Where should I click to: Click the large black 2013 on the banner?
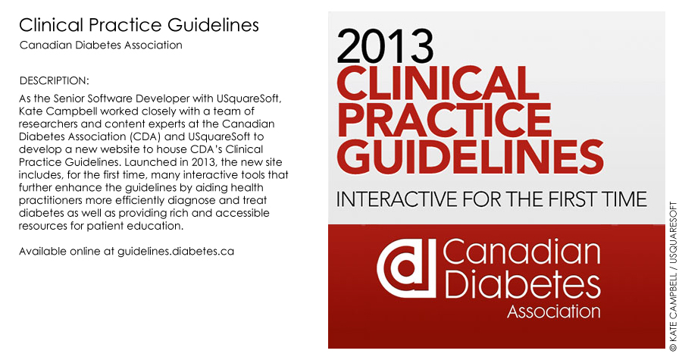[385, 46]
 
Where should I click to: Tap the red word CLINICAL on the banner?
[438, 84]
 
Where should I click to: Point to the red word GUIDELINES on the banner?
[470, 155]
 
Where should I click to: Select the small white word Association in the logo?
[554, 311]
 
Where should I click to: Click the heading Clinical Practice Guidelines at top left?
[139, 25]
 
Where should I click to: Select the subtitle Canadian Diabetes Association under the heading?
[101, 45]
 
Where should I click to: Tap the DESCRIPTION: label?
[55, 81]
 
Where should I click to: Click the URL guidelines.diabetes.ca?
[176, 252]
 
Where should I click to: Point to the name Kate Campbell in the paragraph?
[58, 111]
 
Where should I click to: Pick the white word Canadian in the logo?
[521, 252]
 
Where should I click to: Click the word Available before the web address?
[42, 252]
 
